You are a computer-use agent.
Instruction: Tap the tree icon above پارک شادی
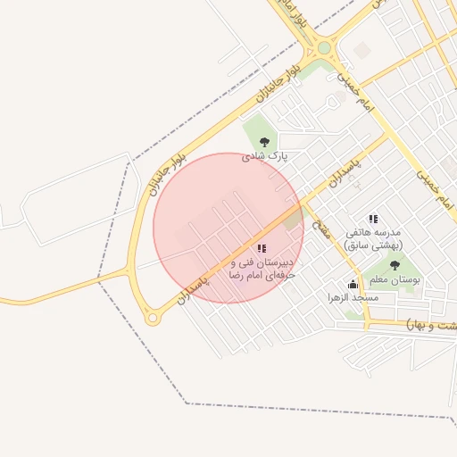pyautogui.click(x=263, y=142)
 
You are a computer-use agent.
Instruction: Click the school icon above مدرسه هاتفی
pyautogui.click(x=373, y=219)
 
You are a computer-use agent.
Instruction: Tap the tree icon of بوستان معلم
pyautogui.click(x=395, y=266)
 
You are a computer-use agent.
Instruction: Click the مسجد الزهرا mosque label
pyautogui.click(x=353, y=295)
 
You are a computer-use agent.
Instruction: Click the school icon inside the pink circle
pyautogui.click(x=261, y=249)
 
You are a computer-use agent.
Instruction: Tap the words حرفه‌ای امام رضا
pyautogui.click(x=261, y=278)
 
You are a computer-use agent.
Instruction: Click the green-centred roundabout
pyautogui.click(x=323, y=47)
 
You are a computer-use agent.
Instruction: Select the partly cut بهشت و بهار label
pyautogui.click(x=432, y=322)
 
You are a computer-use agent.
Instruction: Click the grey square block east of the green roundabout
pyautogui.click(x=361, y=50)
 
